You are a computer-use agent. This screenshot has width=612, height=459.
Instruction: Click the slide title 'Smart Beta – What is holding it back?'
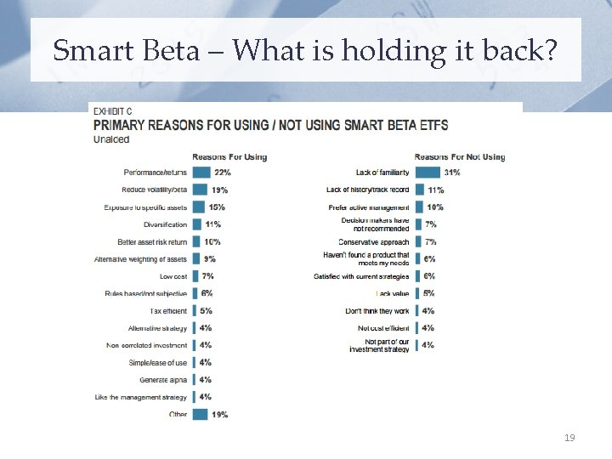[305, 50]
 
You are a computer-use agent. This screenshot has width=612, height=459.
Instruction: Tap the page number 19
[570, 438]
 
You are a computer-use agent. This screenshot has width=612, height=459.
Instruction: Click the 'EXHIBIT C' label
[112, 111]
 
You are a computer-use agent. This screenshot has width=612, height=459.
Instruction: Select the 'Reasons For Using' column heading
[229, 156]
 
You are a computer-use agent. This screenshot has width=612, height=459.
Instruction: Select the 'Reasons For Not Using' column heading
[459, 156]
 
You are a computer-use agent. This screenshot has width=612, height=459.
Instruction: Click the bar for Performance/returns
[201, 173]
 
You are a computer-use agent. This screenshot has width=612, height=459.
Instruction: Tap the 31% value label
[451, 173]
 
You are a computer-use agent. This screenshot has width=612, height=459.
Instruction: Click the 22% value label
[222, 173]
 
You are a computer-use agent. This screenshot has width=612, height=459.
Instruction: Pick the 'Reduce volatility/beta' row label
[155, 190]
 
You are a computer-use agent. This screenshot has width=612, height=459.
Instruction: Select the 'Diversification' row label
[166, 224]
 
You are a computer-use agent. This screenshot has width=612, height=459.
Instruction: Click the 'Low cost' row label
[173, 276]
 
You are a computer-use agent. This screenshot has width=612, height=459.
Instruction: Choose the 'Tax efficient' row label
[168, 311]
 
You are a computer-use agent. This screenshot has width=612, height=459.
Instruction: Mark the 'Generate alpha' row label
[163, 380]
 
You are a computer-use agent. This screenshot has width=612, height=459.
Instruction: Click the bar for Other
[201, 415]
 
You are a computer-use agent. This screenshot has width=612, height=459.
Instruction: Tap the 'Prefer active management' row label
[368, 207]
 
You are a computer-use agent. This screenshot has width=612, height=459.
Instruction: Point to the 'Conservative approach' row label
[373, 242]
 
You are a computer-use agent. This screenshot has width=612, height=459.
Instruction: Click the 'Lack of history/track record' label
[367, 190]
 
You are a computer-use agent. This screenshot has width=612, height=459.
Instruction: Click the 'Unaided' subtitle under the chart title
[111, 139]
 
